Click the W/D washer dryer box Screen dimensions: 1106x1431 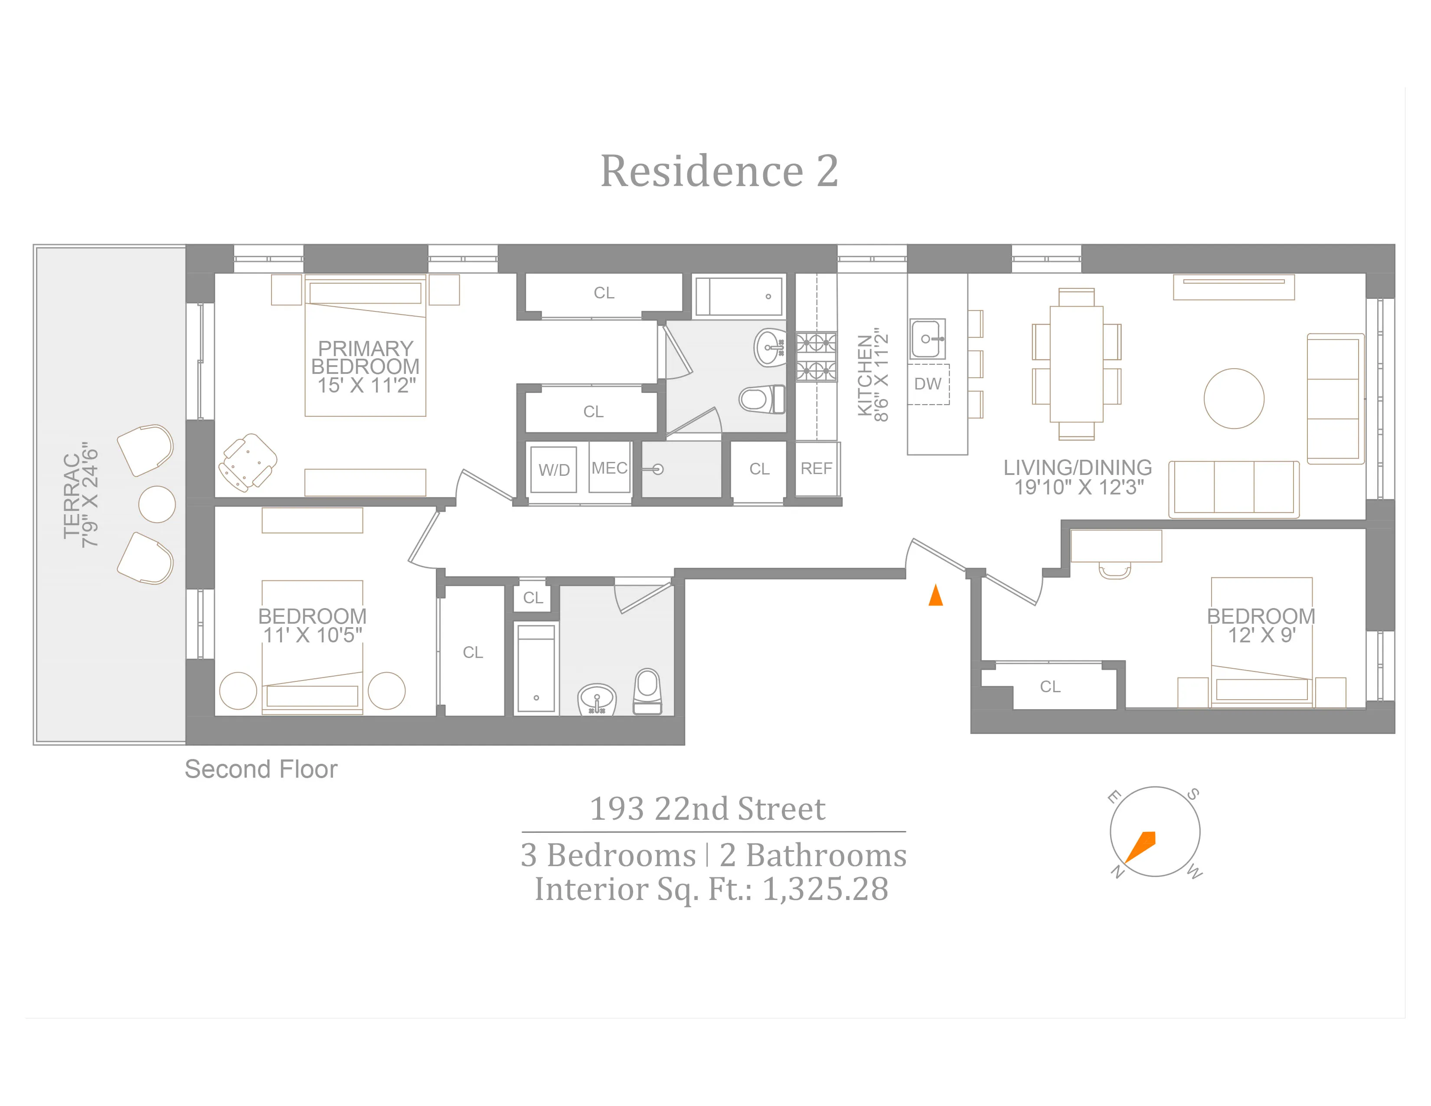point(554,469)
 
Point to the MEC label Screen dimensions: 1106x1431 point(609,468)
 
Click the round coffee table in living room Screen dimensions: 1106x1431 point(1234,398)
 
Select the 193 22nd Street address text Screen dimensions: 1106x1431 point(708,808)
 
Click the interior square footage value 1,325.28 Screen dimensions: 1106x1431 point(826,889)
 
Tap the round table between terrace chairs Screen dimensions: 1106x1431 point(157,504)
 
